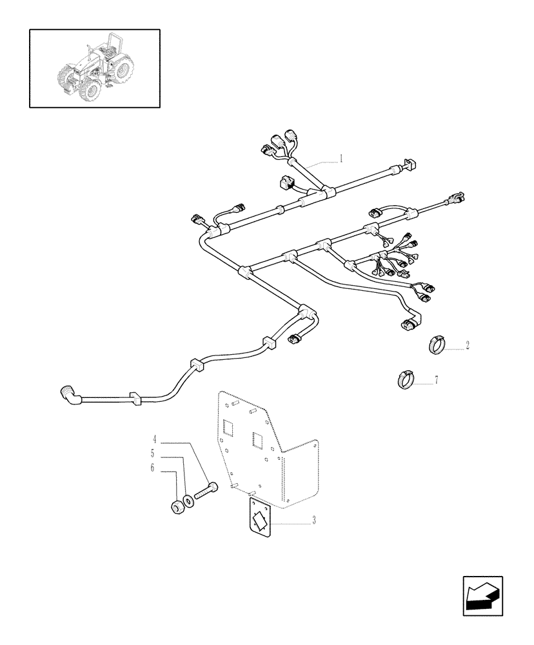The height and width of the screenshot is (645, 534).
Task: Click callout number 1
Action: (x=341, y=158)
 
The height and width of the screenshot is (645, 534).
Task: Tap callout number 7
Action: (x=436, y=381)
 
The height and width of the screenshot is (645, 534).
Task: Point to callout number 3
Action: (x=314, y=521)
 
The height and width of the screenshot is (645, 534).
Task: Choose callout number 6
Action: (x=153, y=468)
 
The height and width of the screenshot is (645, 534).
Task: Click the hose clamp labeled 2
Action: (x=437, y=345)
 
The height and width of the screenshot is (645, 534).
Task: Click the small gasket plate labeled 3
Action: (x=260, y=517)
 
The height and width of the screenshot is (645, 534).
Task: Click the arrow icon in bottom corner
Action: (x=482, y=596)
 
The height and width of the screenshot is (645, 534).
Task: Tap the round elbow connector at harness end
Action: (x=68, y=393)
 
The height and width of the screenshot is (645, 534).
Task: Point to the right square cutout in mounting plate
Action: (x=259, y=441)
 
